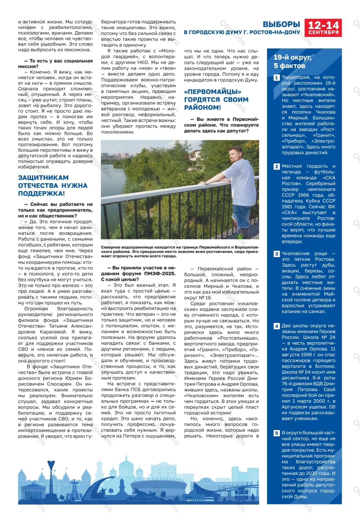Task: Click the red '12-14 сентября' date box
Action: click(323, 28)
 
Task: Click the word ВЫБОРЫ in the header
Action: click(281, 24)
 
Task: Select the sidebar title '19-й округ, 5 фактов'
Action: click(292, 62)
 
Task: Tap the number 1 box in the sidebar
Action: click(276, 78)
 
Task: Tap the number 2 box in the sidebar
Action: click(276, 167)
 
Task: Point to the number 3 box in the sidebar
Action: click(276, 254)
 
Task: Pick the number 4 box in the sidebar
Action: click(276, 326)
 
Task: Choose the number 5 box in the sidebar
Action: click(276, 433)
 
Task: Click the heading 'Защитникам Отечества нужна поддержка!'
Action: click(53, 186)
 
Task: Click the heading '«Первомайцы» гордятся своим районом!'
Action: click(216, 100)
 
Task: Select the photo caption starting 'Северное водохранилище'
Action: click(180, 252)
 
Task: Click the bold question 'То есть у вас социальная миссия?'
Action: click(55, 64)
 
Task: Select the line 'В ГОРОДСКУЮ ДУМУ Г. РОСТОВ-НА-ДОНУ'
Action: click(242, 32)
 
